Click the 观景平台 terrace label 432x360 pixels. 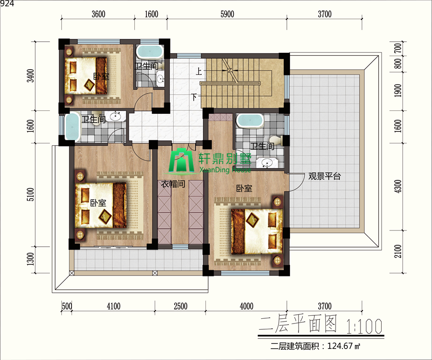tap(324, 176)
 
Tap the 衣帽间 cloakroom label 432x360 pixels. tap(173, 184)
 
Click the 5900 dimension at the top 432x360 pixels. tap(228, 14)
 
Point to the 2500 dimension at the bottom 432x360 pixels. tap(180, 306)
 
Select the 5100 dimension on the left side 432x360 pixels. tap(31, 194)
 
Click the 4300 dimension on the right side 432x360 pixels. tap(398, 186)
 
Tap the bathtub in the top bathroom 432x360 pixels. tap(150, 51)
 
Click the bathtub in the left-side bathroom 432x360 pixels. tap(72, 127)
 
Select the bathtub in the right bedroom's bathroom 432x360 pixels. tap(250, 120)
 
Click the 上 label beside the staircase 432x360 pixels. tap(199, 72)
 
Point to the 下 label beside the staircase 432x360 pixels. tap(194, 97)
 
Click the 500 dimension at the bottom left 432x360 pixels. tap(67, 306)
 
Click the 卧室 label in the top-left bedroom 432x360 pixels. tap(101, 76)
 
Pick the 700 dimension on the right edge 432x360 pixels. tap(398, 49)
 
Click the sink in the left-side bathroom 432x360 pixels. tap(115, 116)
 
